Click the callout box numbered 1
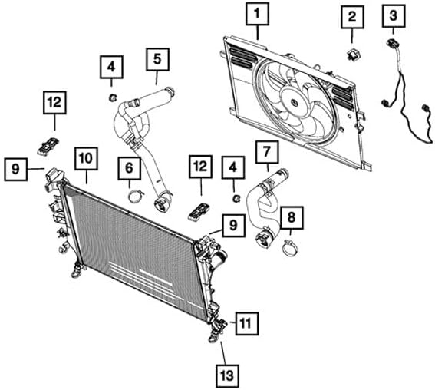pos(258,14)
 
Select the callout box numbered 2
pos(351,16)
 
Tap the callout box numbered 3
pos(394,15)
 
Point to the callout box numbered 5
pos(157,58)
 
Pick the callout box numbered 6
pos(129,166)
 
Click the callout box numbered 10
pos(85,158)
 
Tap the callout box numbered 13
pos(226,376)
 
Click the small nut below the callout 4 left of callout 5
pos(111,97)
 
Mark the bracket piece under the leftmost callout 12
pos(50,144)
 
